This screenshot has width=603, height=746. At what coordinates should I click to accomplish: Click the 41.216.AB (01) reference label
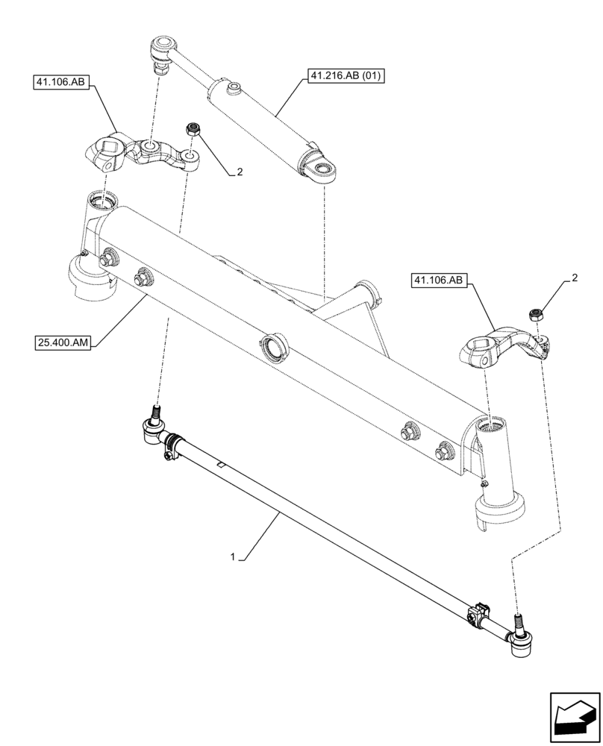coord(343,77)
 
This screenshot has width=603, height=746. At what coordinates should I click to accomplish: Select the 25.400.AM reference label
coord(64,342)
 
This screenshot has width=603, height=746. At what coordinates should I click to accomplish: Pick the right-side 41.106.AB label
coord(438,280)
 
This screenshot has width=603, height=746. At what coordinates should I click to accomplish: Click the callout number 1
coord(234,557)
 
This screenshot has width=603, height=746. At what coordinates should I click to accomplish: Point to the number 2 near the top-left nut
coord(240,172)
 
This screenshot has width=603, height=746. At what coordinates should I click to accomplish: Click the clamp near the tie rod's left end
coord(172,443)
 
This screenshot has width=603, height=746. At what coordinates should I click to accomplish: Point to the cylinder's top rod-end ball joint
coord(159,51)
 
